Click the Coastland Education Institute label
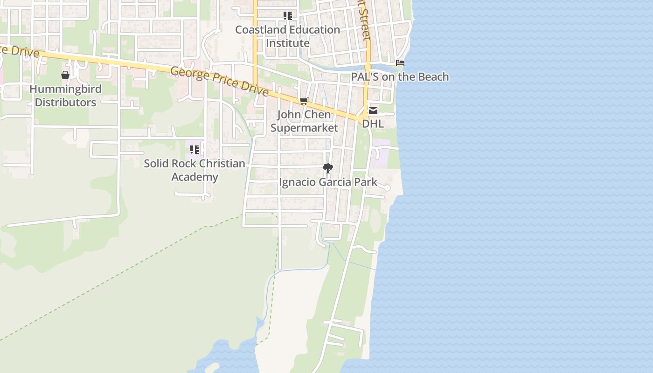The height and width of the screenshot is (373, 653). point(287,36)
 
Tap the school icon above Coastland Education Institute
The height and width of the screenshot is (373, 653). point(288,16)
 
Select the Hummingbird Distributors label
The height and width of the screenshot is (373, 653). point(65,96)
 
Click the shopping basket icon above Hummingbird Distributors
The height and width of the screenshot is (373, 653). point(65,75)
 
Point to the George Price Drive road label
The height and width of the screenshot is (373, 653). point(219,80)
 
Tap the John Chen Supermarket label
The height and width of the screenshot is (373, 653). point(304,121)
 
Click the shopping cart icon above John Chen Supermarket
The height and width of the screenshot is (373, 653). point(304,101)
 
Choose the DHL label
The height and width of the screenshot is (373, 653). point(373,124)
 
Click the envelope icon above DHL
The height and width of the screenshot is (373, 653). point(373,111)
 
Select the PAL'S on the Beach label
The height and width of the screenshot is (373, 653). point(400,77)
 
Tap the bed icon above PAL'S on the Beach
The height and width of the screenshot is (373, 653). point(400,62)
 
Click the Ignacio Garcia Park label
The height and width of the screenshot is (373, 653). point(328,182)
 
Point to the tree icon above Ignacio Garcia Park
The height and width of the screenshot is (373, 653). point(328,168)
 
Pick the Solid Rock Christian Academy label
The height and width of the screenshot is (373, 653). point(195,170)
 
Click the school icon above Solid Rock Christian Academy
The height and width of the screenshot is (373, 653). point(195,150)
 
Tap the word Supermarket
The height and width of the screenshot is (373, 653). point(304,128)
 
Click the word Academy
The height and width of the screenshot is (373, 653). point(195,177)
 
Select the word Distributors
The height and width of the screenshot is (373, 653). point(65,103)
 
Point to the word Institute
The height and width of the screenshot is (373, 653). point(287,43)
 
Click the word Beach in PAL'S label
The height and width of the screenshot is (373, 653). point(431,77)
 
